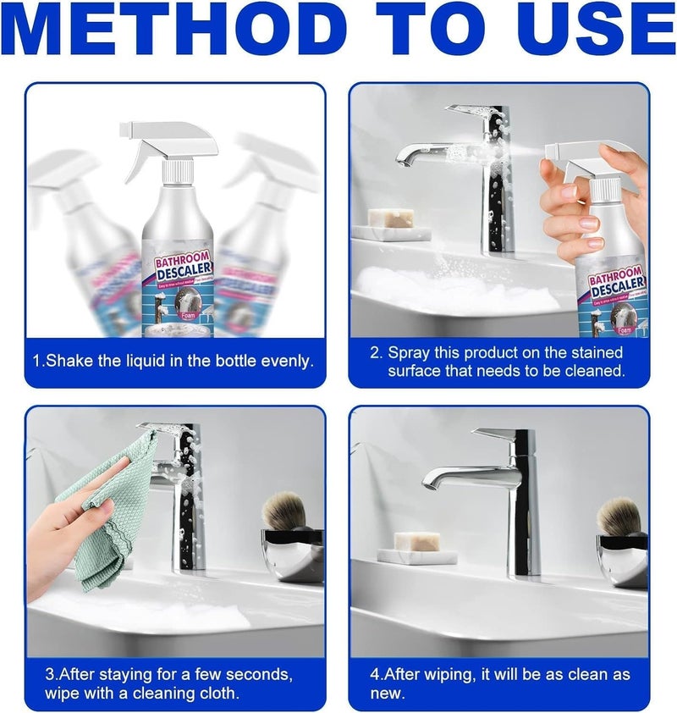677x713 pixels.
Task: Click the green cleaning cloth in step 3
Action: click(x=102, y=517)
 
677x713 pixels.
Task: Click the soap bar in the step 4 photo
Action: click(x=416, y=540)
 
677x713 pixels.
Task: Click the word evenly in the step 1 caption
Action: click(x=285, y=361)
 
